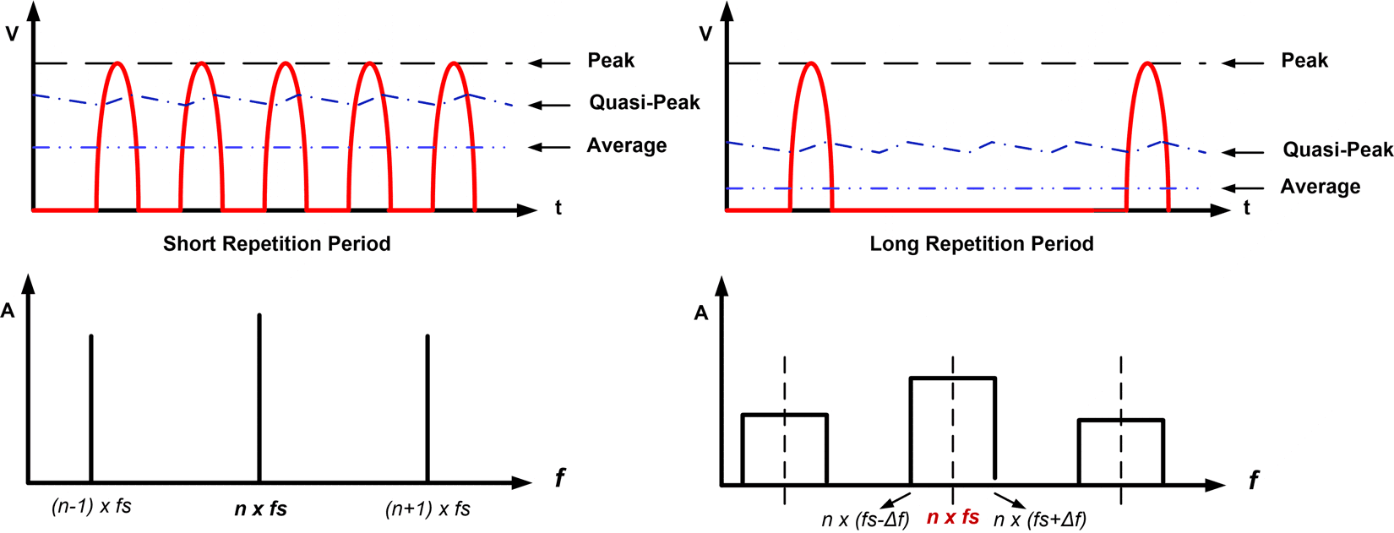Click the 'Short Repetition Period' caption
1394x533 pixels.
pos(276,244)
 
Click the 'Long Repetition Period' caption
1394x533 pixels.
pos(981,244)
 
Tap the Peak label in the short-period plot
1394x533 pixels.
pos(611,61)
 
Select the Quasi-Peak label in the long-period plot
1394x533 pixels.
pos(1337,150)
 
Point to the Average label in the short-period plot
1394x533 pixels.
pos(626,146)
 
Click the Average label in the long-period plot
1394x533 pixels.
pos(1320,187)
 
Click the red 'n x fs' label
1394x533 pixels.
pos(953,517)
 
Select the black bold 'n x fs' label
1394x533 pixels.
pos(260,509)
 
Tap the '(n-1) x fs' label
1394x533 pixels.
pos(91,506)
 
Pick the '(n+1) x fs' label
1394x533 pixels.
pos(427,509)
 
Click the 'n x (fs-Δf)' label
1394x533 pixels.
pos(865,519)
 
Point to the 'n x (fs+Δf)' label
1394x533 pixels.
pos(1040,519)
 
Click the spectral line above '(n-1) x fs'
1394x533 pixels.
pos(91,405)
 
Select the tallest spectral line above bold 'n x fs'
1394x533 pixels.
pos(259,397)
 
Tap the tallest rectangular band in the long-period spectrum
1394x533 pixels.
pos(953,431)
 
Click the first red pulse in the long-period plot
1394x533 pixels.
pos(811,135)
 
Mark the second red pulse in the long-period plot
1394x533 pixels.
pos(1146,135)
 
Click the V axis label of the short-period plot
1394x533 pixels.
pos(12,35)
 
